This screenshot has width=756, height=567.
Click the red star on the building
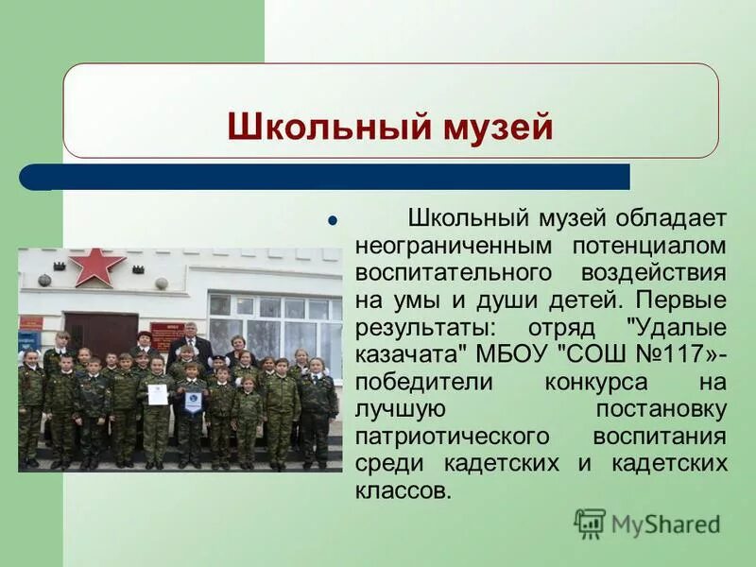(x=96, y=266)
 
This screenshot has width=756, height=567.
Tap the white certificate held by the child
(x=157, y=394)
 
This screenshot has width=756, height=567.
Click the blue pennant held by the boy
(x=193, y=402)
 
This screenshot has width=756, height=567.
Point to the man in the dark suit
(x=190, y=346)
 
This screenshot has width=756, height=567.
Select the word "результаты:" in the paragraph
(x=421, y=328)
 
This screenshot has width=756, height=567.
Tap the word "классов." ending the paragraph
(x=404, y=492)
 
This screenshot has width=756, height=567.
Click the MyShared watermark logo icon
(x=590, y=524)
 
